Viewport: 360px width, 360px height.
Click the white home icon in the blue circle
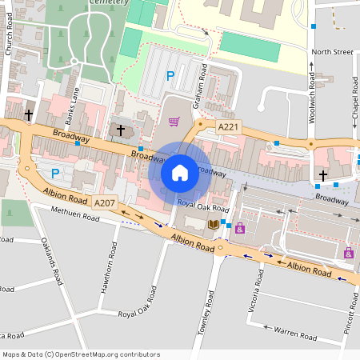[x=179, y=172]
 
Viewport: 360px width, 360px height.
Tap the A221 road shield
[x=229, y=126]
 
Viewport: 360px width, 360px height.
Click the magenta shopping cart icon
[x=174, y=122]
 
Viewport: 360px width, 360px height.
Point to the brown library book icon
[x=213, y=225]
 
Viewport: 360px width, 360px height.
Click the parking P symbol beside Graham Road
[x=170, y=76]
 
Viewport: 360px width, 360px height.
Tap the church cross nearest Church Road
[x=29, y=115]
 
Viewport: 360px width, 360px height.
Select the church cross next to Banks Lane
[x=121, y=130]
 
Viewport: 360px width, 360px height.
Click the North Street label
[x=332, y=52]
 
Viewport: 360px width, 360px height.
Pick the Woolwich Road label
[x=311, y=99]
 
